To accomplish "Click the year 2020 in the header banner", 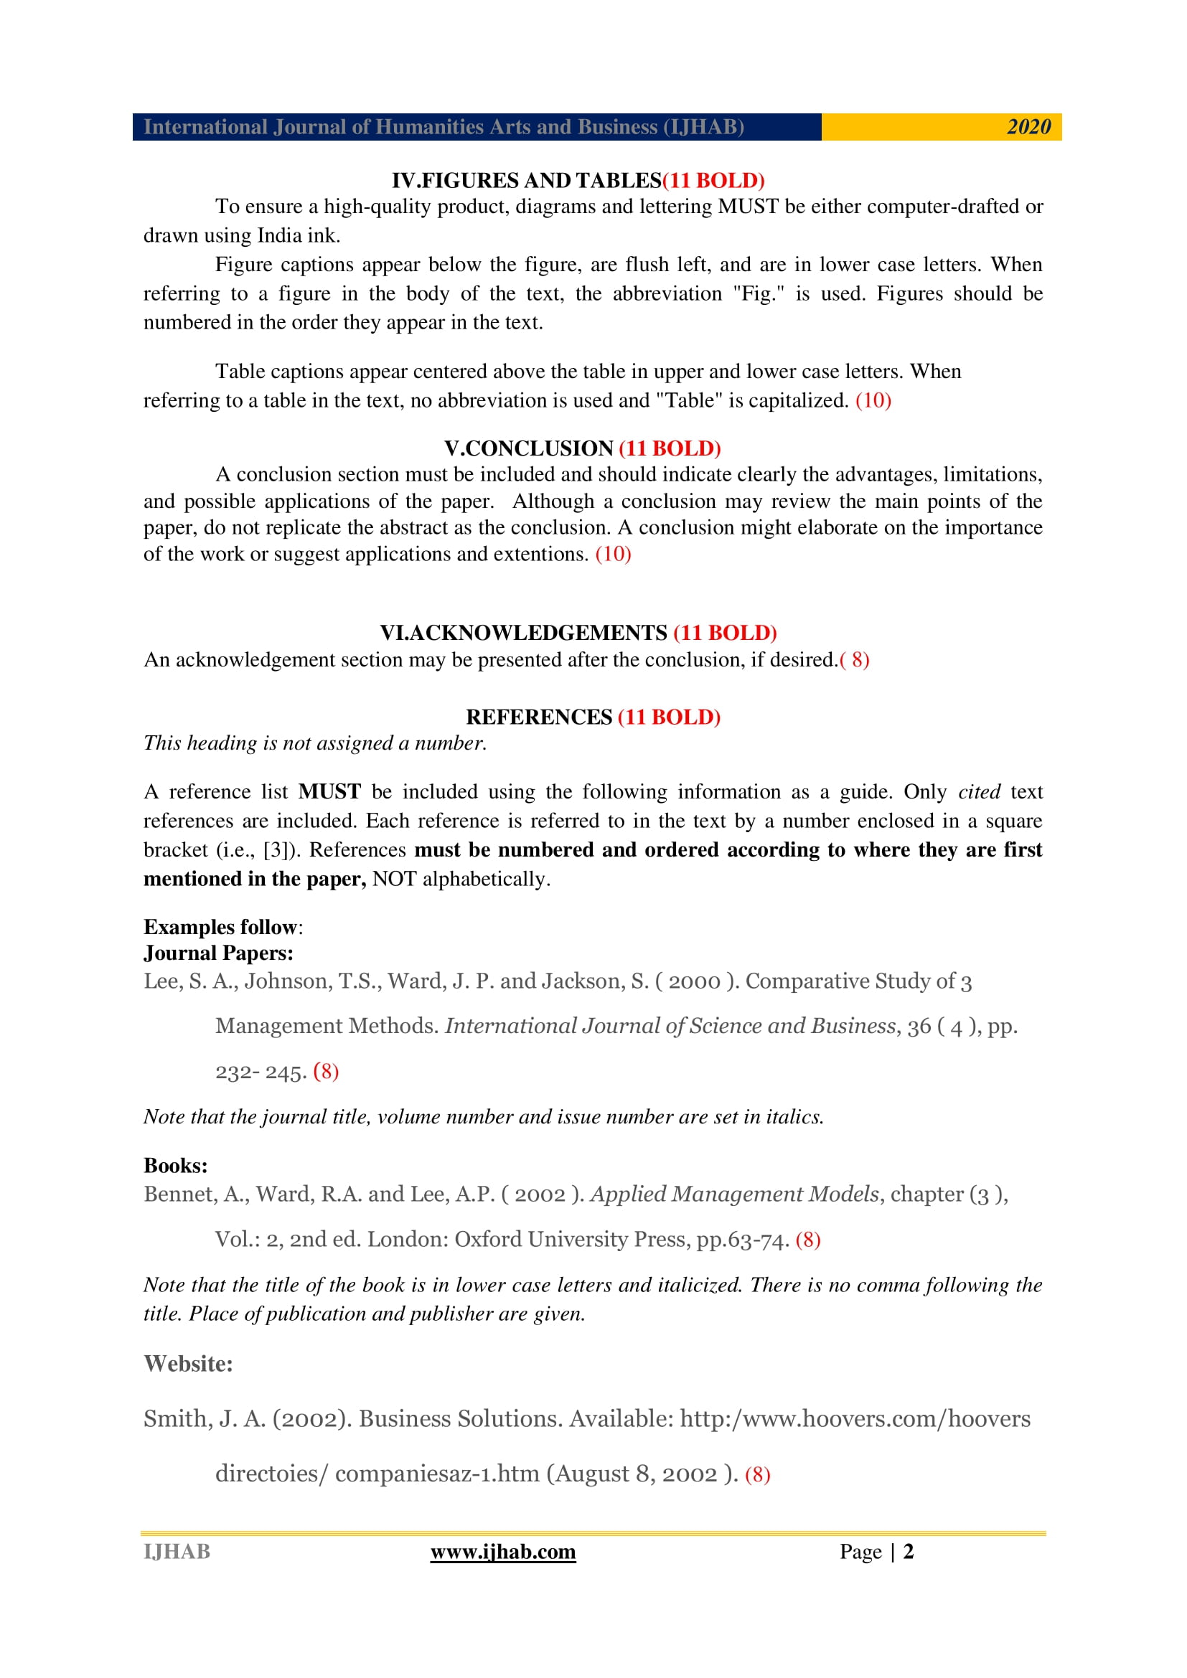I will point(1028,127).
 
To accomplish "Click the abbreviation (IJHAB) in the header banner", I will point(703,127).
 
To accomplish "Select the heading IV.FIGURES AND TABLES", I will point(526,181).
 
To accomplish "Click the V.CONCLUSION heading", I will point(528,448).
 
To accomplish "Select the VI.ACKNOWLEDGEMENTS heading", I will point(523,633).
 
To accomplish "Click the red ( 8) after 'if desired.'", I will point(855,660).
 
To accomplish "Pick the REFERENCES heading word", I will point(539,717).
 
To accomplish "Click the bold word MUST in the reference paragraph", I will point(329,791).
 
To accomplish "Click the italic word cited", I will point(979,791).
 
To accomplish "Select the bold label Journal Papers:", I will point(219,953).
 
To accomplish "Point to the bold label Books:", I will point(175,1166).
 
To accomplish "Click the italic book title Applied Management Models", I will point(735,1194).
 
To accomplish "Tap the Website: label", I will point(188,1364).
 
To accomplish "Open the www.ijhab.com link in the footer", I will point(503,1552).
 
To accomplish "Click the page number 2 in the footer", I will point(908,1552).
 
